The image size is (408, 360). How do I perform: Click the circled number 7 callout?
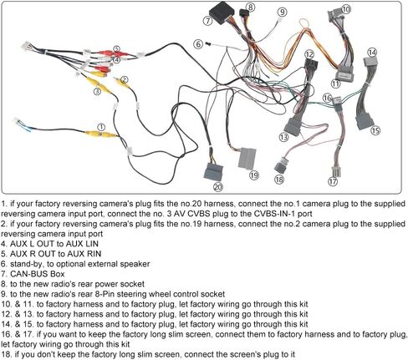[207, 21]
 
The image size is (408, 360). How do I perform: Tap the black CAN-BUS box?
[222, 13]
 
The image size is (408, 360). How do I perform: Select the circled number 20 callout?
[218, 187]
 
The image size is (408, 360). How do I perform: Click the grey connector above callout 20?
[213, 172]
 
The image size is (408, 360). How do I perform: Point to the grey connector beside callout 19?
[247, 158]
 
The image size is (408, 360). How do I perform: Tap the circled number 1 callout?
[102, 128]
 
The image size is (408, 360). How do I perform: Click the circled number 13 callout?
[283, 137]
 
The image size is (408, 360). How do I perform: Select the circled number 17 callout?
[333, 182]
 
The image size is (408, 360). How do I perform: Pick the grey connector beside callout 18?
[281, 165]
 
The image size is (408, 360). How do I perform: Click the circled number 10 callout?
[346, 9]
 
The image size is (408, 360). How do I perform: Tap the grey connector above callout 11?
[344, 74]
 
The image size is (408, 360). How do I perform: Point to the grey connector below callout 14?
[371, 62]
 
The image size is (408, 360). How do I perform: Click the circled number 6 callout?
[198, 44]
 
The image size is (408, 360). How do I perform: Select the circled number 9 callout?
[282, 12]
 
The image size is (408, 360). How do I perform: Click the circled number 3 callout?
[97, 91]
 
